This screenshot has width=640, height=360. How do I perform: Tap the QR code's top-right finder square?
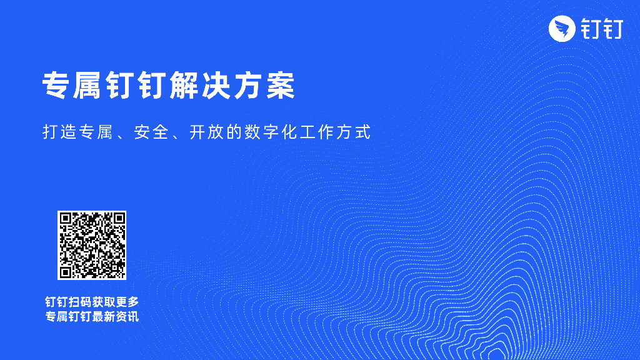click(x=117, y=220)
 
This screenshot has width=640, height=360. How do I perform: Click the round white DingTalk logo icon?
click(x=561, y=29)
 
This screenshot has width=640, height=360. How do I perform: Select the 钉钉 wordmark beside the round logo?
click(x=601, y=29)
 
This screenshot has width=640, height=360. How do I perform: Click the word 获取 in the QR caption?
click(x=103, y=301)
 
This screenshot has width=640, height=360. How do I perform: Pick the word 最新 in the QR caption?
click(x=103, y=317)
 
